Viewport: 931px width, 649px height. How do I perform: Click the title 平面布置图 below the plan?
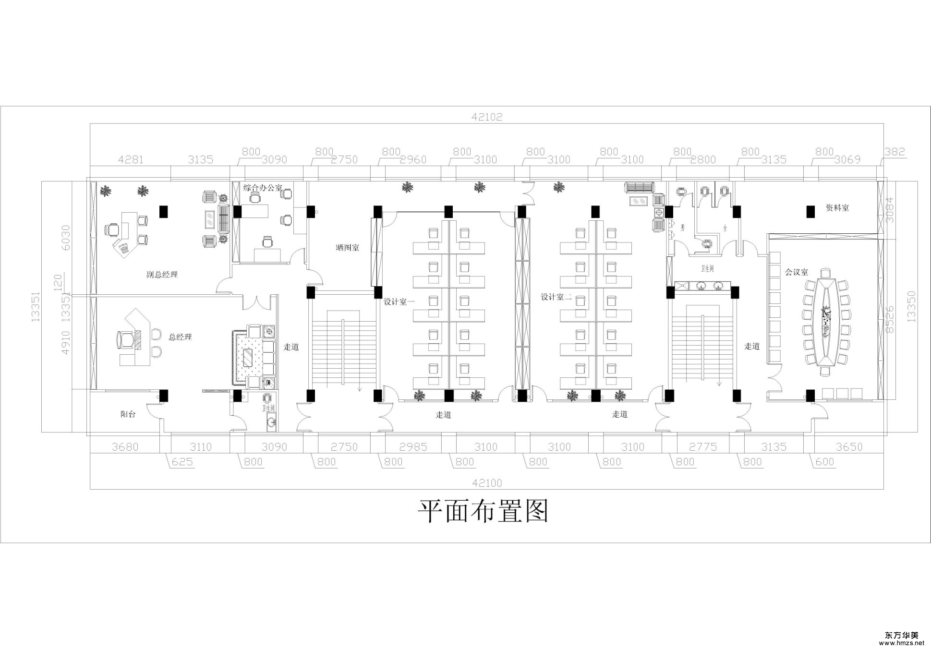[x=483, y=512]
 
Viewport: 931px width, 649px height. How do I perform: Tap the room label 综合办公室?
[x=263, y=188]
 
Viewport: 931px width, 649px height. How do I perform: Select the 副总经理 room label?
[x=162, y=275]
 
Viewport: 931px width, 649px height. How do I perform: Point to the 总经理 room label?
[x=180, y=337]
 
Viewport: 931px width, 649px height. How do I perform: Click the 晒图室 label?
[x=347, y=248]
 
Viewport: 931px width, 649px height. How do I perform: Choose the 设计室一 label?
[x=399, y=302]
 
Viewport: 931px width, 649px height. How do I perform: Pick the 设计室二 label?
[x=556, y=297]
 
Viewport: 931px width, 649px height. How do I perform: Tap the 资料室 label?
[x=837, y=208]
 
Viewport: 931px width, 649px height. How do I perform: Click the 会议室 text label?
[x=797, y=272]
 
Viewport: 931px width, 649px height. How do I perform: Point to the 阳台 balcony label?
[x=128, y=414]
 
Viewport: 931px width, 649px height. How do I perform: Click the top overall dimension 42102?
[x=487, y=117]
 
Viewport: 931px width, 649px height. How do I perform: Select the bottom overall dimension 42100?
[x=487, y=483]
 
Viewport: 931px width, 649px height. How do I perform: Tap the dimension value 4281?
[x=131, y=159]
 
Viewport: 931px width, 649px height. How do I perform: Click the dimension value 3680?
[x=125, y=447]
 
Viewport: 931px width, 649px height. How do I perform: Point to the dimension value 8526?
[x=890, y=319]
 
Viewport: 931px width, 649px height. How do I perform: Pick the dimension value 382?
[x=894, y=152]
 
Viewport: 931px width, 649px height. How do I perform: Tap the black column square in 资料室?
[x=810, y=211]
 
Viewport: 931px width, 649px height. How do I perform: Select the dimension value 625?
[x=182, y=462]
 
